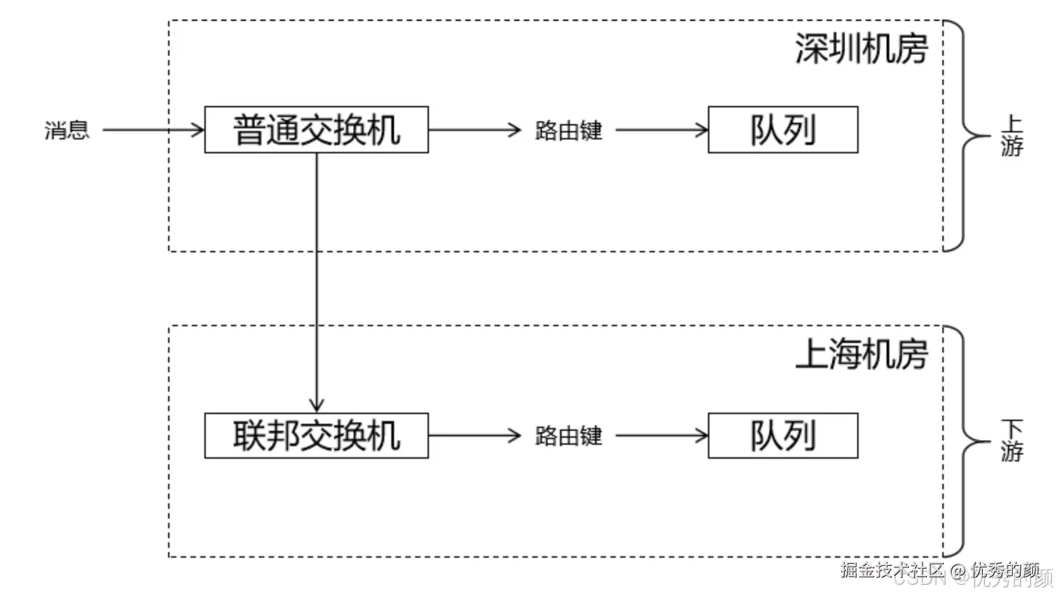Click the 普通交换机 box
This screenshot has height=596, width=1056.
[x=316, y=130]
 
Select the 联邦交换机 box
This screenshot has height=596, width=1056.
[x=316, y=436]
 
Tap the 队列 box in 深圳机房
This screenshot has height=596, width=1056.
[x=783, y=130]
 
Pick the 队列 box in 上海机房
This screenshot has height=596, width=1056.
[x=783, y=436]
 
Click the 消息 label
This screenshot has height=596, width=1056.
[x=67, y=130]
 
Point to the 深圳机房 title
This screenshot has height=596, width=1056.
[x=861, y=49]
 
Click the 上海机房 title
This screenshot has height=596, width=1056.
[x=861, y=354]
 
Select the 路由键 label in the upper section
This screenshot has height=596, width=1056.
[x=568, y=130]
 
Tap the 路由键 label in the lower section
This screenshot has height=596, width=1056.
[x=568, y=436]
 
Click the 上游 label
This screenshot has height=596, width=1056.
[x=1011, y=136]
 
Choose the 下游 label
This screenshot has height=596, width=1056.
[x=1011, y=441]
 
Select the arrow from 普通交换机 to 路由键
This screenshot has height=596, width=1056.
[x=474, y=130]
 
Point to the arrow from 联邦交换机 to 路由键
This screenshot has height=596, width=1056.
[x=474, y=436]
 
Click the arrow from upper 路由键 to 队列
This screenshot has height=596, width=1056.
[x=661, y=130]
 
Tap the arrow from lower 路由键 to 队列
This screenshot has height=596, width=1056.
[x=661, y=436]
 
